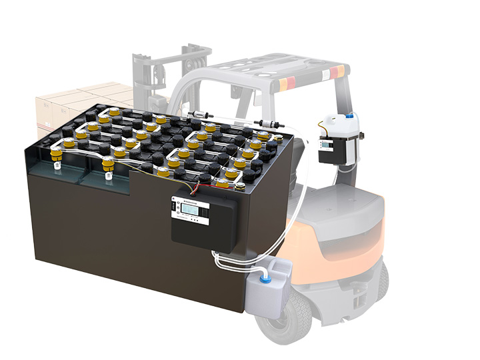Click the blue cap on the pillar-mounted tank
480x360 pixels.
[x=351, y=119]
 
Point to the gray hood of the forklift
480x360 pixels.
[x=347, y=200]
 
